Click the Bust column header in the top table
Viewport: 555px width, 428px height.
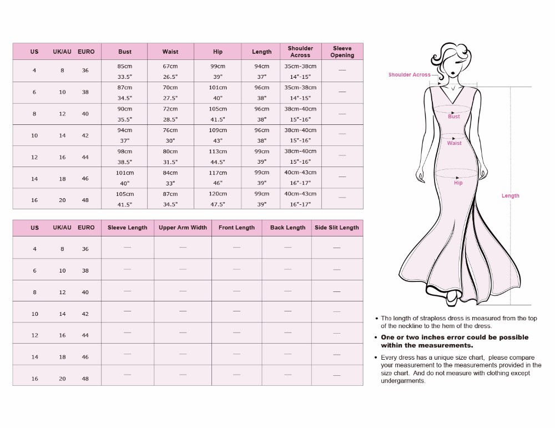[x=125, y=52]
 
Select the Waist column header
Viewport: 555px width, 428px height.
[x=170, y=52]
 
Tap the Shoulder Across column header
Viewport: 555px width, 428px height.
[x=300, y=52]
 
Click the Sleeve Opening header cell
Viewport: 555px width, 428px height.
[x=342, y=52]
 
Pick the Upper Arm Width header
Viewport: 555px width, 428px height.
[x=183, y=228]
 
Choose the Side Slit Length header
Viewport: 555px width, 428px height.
[x=337, y=228]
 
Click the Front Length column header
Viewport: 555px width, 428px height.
[x=236, y=228]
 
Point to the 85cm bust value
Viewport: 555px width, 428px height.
[x=125, y=66]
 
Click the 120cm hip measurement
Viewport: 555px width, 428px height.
[x=218, y=194]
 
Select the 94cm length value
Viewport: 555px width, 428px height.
[x=262, y=66]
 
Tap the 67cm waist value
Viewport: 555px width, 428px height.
[x=170, y=66]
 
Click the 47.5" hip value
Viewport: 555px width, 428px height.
[x=218, y=204]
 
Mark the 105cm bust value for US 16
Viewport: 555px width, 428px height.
[x=125, y=194]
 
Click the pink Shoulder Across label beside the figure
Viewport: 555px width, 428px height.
[x=409, y=75]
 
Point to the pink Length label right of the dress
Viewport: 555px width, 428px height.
[x=511, y=196]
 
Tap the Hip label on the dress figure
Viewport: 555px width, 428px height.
[x=458, y=183]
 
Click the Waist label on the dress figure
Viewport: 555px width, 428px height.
[x=454, y=143]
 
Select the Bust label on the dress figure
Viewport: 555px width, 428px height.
[x=454, y=117]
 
